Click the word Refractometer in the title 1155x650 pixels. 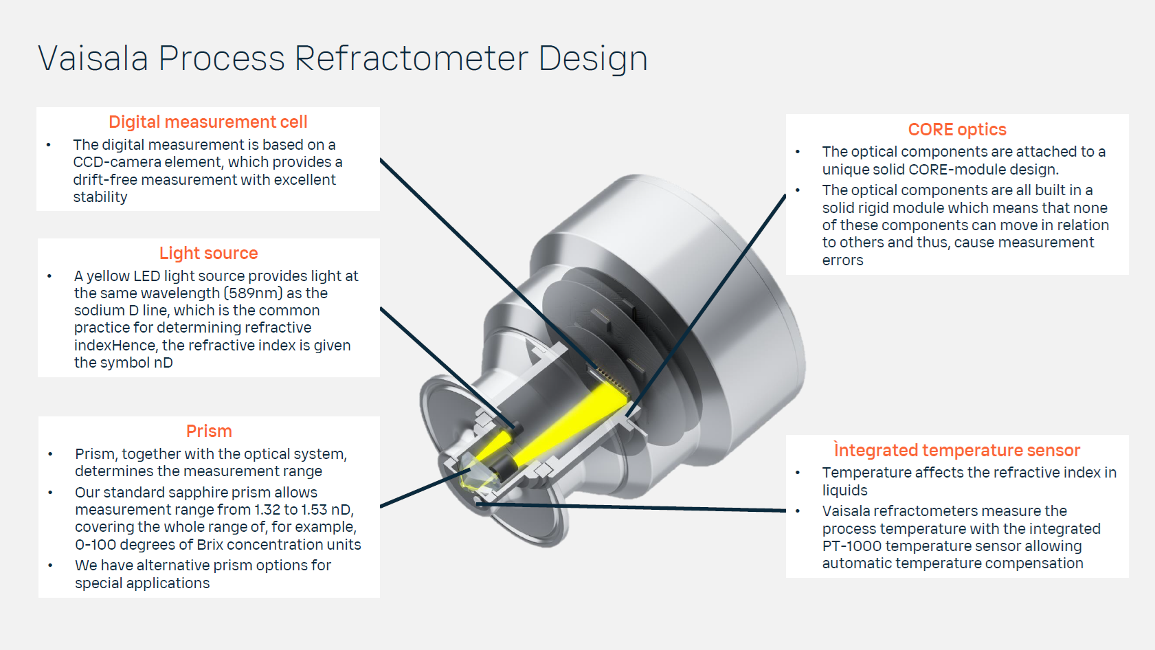pos(412,58)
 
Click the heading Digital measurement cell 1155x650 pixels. pos(208,122)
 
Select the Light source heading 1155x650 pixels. pos(208,254)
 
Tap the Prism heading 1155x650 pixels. pos(209,432)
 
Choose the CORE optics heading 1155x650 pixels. pos(956,130)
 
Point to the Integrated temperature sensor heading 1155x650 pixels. pos(956,451)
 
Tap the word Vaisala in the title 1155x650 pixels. pos(93,58)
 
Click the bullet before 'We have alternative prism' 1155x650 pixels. pos(50,565)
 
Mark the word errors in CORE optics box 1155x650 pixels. pos(842,260)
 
